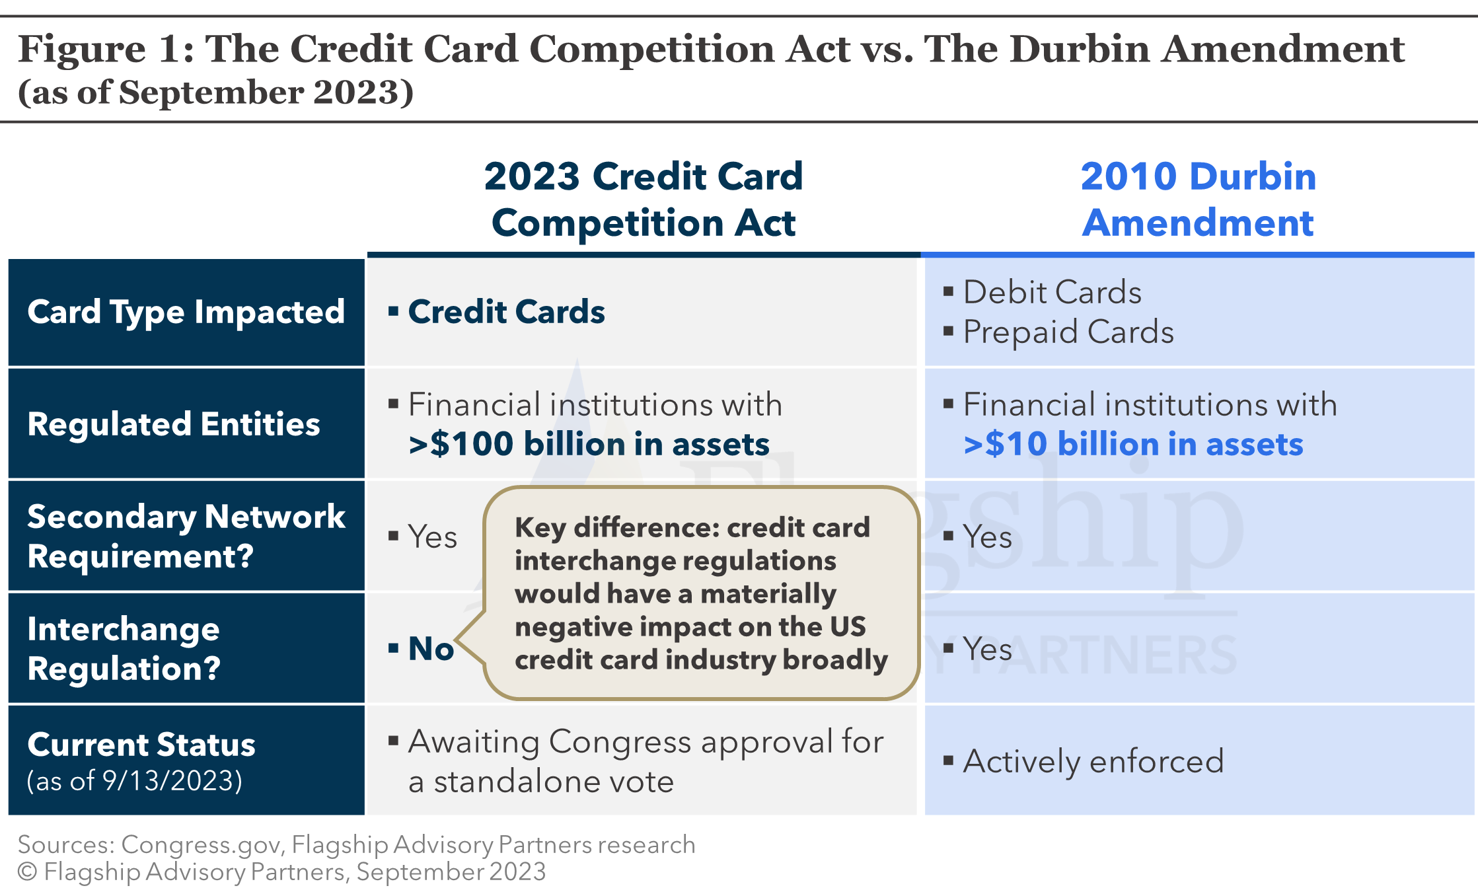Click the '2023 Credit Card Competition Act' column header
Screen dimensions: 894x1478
[643, 199]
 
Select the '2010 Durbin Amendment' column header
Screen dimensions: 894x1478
[1198, 199]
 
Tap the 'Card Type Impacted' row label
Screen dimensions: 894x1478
[186, 312]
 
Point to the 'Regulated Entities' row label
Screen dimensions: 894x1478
[174, 424]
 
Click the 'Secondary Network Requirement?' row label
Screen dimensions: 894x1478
[186, 536]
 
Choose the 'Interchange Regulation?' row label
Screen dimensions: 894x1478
[124, 648]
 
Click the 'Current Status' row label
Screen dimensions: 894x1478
[141, 745]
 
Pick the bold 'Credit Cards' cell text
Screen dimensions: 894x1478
[506, 312]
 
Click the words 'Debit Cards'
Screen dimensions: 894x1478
[1052, 292]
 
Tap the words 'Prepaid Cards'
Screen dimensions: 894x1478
[1068, 332]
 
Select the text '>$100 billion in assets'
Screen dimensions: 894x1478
[589, 444]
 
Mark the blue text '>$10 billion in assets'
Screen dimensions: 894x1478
[1133, 444]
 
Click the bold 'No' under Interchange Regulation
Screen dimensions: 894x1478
[431, 649]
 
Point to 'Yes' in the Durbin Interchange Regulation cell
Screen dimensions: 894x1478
[987, 649]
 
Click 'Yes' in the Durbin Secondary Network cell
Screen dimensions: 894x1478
[987, 537]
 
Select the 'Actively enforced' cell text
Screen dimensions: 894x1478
[1093, 761]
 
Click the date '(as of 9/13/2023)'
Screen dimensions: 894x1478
[135, 781]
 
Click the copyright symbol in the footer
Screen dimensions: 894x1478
[27, 872]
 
